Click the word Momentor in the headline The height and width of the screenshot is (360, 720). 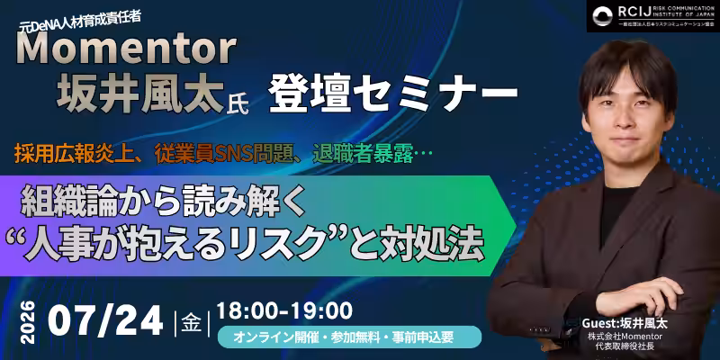pos(126,49)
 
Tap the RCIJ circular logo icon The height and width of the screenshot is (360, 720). pos(602,16)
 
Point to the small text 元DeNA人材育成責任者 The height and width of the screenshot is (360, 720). pos(80,20)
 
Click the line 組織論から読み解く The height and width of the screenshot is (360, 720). pos(164,201)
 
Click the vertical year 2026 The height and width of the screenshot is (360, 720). pos(28,321)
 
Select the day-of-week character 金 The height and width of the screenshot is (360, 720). pos(191,322)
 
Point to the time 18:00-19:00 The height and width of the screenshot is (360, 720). pos(284,310)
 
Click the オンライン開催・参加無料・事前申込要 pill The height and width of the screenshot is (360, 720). pos(349,337)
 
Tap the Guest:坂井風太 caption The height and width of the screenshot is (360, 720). pos(625,323)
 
